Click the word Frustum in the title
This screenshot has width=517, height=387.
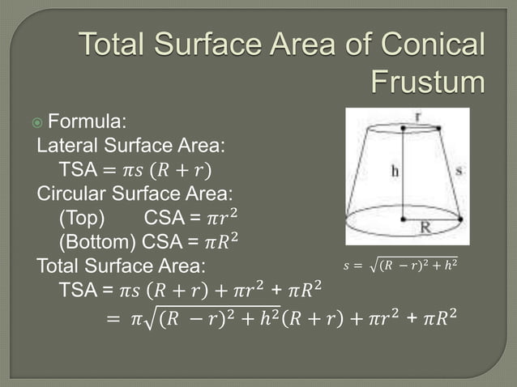(427, 81)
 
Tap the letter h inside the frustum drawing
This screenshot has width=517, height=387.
(395, 171)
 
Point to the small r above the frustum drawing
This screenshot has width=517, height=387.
(417, 115)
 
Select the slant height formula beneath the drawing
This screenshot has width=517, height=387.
(400, 264)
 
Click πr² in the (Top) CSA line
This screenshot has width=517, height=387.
(224, 218)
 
